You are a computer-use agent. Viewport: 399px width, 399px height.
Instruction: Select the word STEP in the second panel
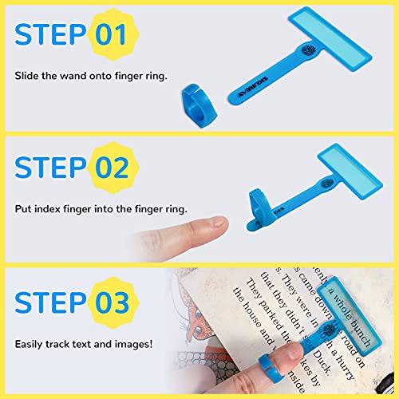tap(49, 169)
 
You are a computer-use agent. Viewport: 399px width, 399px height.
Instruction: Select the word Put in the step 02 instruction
tap(22, 210)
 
